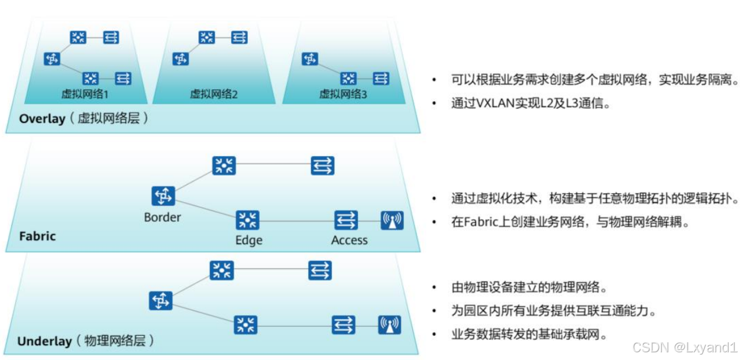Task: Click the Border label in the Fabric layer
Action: [x=162, y=217]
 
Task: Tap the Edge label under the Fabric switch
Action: [x=248, y=240]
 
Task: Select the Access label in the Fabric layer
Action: [x=349, y=240]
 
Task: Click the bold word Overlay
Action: [x=42, y=119]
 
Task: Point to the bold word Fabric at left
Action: [x=37, y=236]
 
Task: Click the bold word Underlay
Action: [x=44, y=341]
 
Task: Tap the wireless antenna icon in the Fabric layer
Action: [x=392, y=220]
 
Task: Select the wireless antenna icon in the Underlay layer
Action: [x=389, y=325]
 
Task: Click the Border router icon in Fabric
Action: [x=163, y=196]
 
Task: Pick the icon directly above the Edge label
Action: [x=247, y=220]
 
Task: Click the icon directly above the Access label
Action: [x=346, y=220]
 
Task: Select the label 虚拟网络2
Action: [x=214, y=94]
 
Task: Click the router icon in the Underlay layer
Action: [x=160, y=301]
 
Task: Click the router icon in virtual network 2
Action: [x=181, y=59]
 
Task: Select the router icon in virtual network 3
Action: [x=310, y=59]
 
